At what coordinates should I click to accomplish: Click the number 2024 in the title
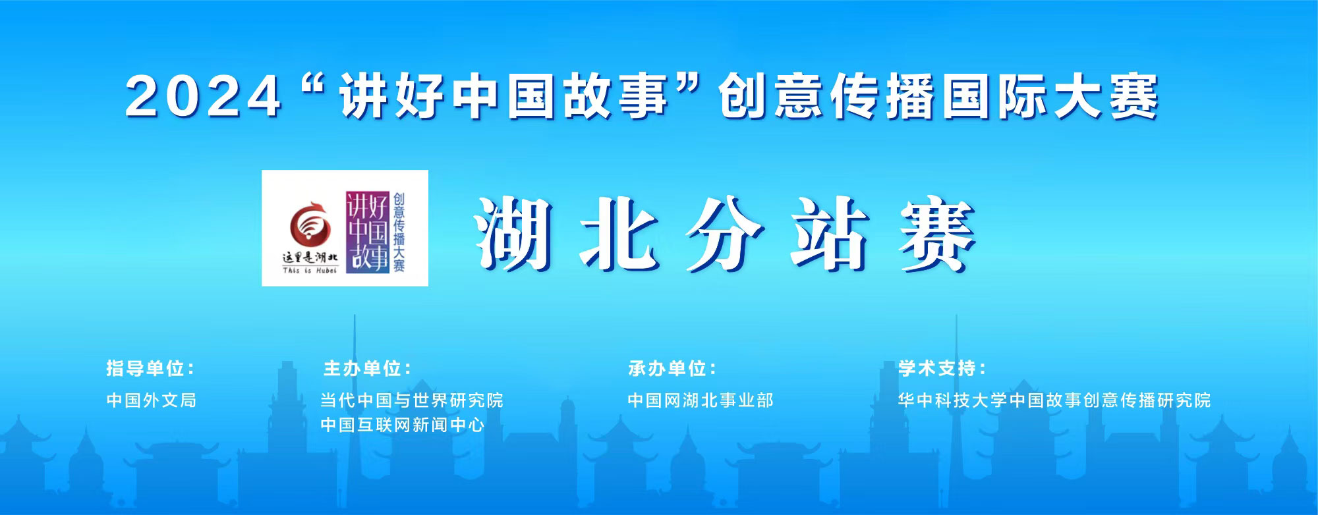point(204,97)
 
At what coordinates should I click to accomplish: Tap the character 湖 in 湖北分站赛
point(514,235)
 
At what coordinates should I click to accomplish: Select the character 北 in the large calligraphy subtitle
point(620,235)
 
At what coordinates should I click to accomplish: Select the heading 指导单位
point(150,368)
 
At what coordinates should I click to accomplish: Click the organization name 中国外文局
point(152,400)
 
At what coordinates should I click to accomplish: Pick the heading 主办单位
point(367,368)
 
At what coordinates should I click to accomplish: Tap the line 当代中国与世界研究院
point(412,400)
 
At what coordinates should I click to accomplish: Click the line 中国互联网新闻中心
point(403,425)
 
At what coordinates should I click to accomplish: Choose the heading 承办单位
point(672,368)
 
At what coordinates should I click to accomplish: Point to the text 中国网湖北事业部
point(701,400)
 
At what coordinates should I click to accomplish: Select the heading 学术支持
point(942,368)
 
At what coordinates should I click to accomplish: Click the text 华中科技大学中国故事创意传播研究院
point(1054,400)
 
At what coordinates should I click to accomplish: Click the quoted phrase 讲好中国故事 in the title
point(504,97)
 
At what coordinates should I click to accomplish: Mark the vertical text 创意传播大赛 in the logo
point(399,232)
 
